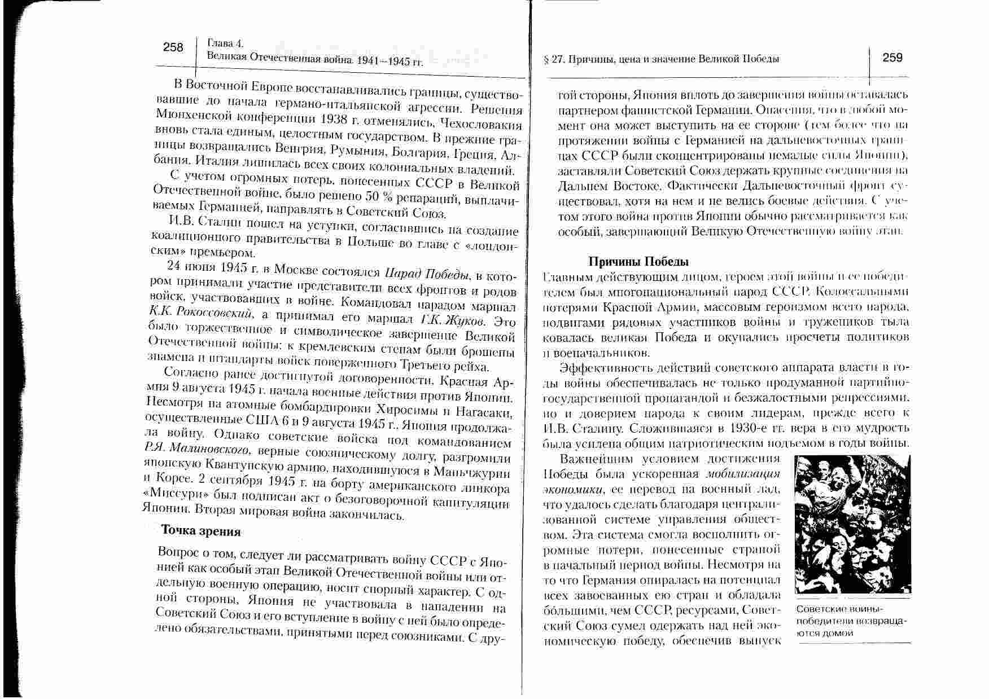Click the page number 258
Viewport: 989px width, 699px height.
(x=173, y=47)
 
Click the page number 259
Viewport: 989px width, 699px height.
(x=892, y=58)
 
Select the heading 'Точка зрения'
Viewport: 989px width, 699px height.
(x=201, y=531)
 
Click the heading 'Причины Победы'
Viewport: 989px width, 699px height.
(x=638, y=262)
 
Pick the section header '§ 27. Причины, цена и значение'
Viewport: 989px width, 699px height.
(x=660, y=59)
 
